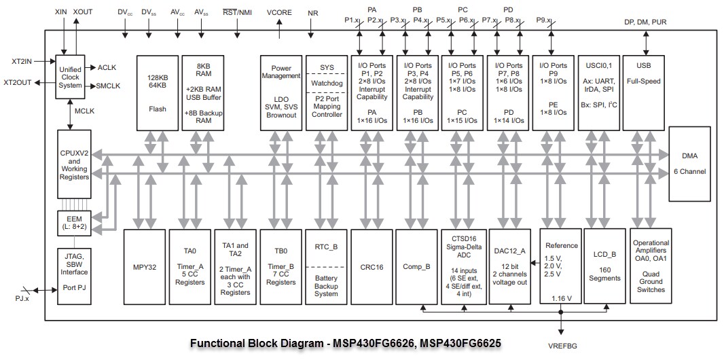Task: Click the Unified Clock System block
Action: (x=70, y=76)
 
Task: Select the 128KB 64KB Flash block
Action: (x=158, y=92)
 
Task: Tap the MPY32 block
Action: (x=144, y=267)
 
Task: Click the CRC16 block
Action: (x=372, y=267)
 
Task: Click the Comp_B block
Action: (x=417, y=267)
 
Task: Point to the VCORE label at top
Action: (x=280, y=13)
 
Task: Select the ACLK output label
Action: (x=107, y=67)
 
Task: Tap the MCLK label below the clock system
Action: (x=85, y=110)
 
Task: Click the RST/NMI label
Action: (x=237, y=13)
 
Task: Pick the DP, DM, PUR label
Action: (x=645, y=22)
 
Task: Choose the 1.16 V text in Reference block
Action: (x=562, y=298)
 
